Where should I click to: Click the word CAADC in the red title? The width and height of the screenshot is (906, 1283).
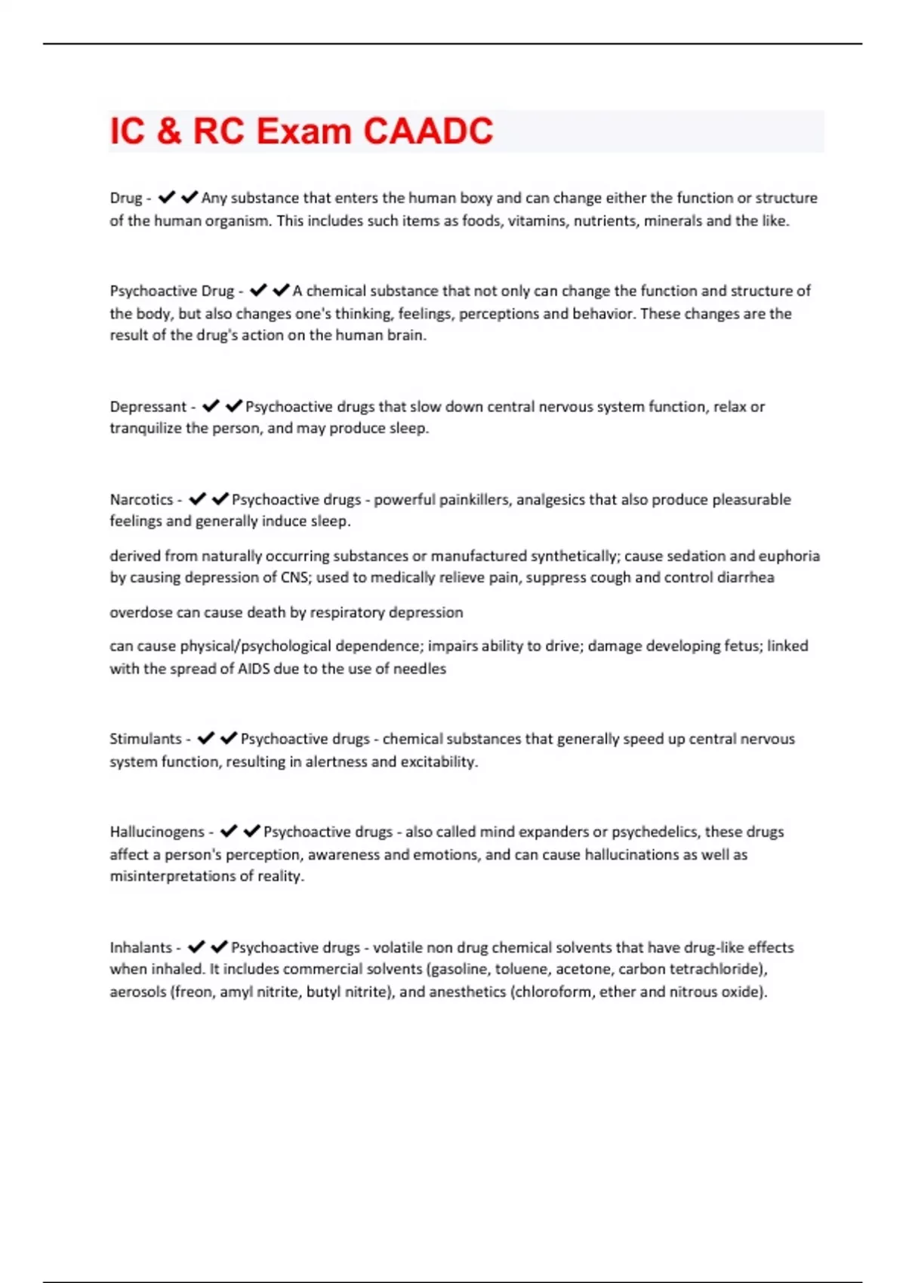428,131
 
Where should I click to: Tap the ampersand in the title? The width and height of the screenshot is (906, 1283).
169,131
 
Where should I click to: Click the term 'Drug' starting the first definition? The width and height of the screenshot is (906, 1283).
125,198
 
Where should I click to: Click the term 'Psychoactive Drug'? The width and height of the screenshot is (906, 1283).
172,291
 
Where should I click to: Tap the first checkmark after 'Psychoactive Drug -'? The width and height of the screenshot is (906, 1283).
258,291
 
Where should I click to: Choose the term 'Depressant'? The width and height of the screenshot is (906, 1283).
148,407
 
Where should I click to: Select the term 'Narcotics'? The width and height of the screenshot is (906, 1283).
141,500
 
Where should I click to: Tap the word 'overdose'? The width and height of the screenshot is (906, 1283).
141,613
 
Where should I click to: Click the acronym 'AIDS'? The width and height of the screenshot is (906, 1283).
254,669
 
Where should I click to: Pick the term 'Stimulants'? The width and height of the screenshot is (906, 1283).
146,739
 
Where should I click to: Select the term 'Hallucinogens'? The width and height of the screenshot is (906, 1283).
157,832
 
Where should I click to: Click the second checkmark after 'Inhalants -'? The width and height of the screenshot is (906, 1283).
219,947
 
